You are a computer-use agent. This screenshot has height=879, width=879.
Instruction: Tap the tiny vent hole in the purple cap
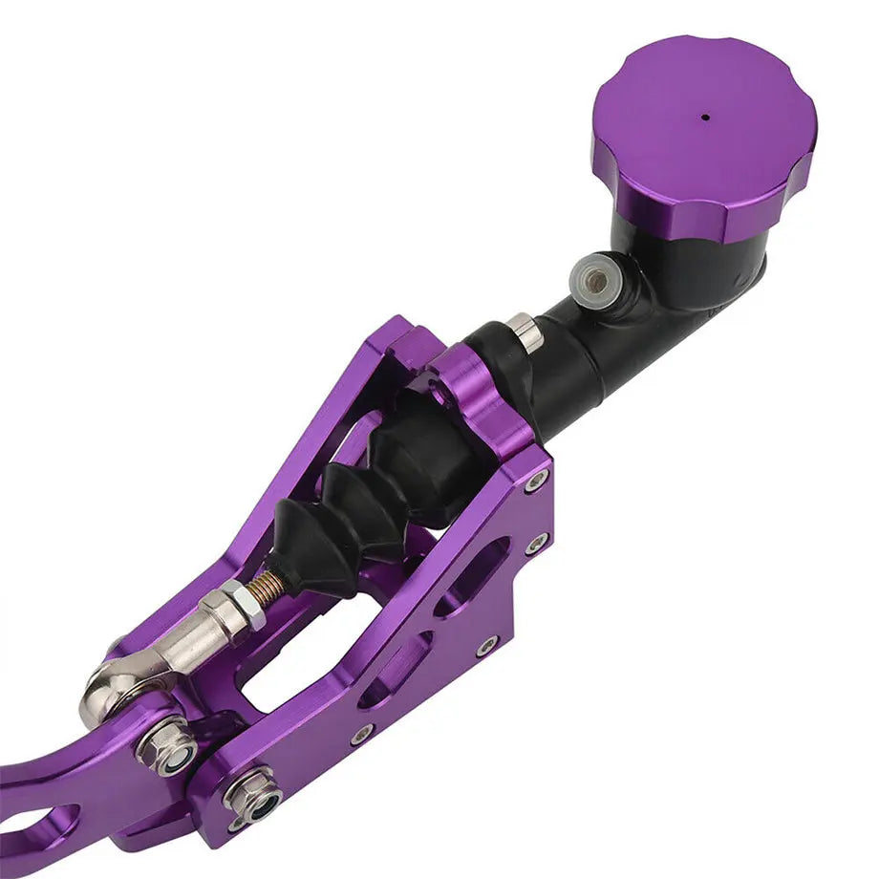(706, 118)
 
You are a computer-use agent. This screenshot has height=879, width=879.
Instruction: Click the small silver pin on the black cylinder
(525, 331)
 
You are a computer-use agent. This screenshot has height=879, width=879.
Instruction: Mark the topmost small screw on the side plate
(536, 479)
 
